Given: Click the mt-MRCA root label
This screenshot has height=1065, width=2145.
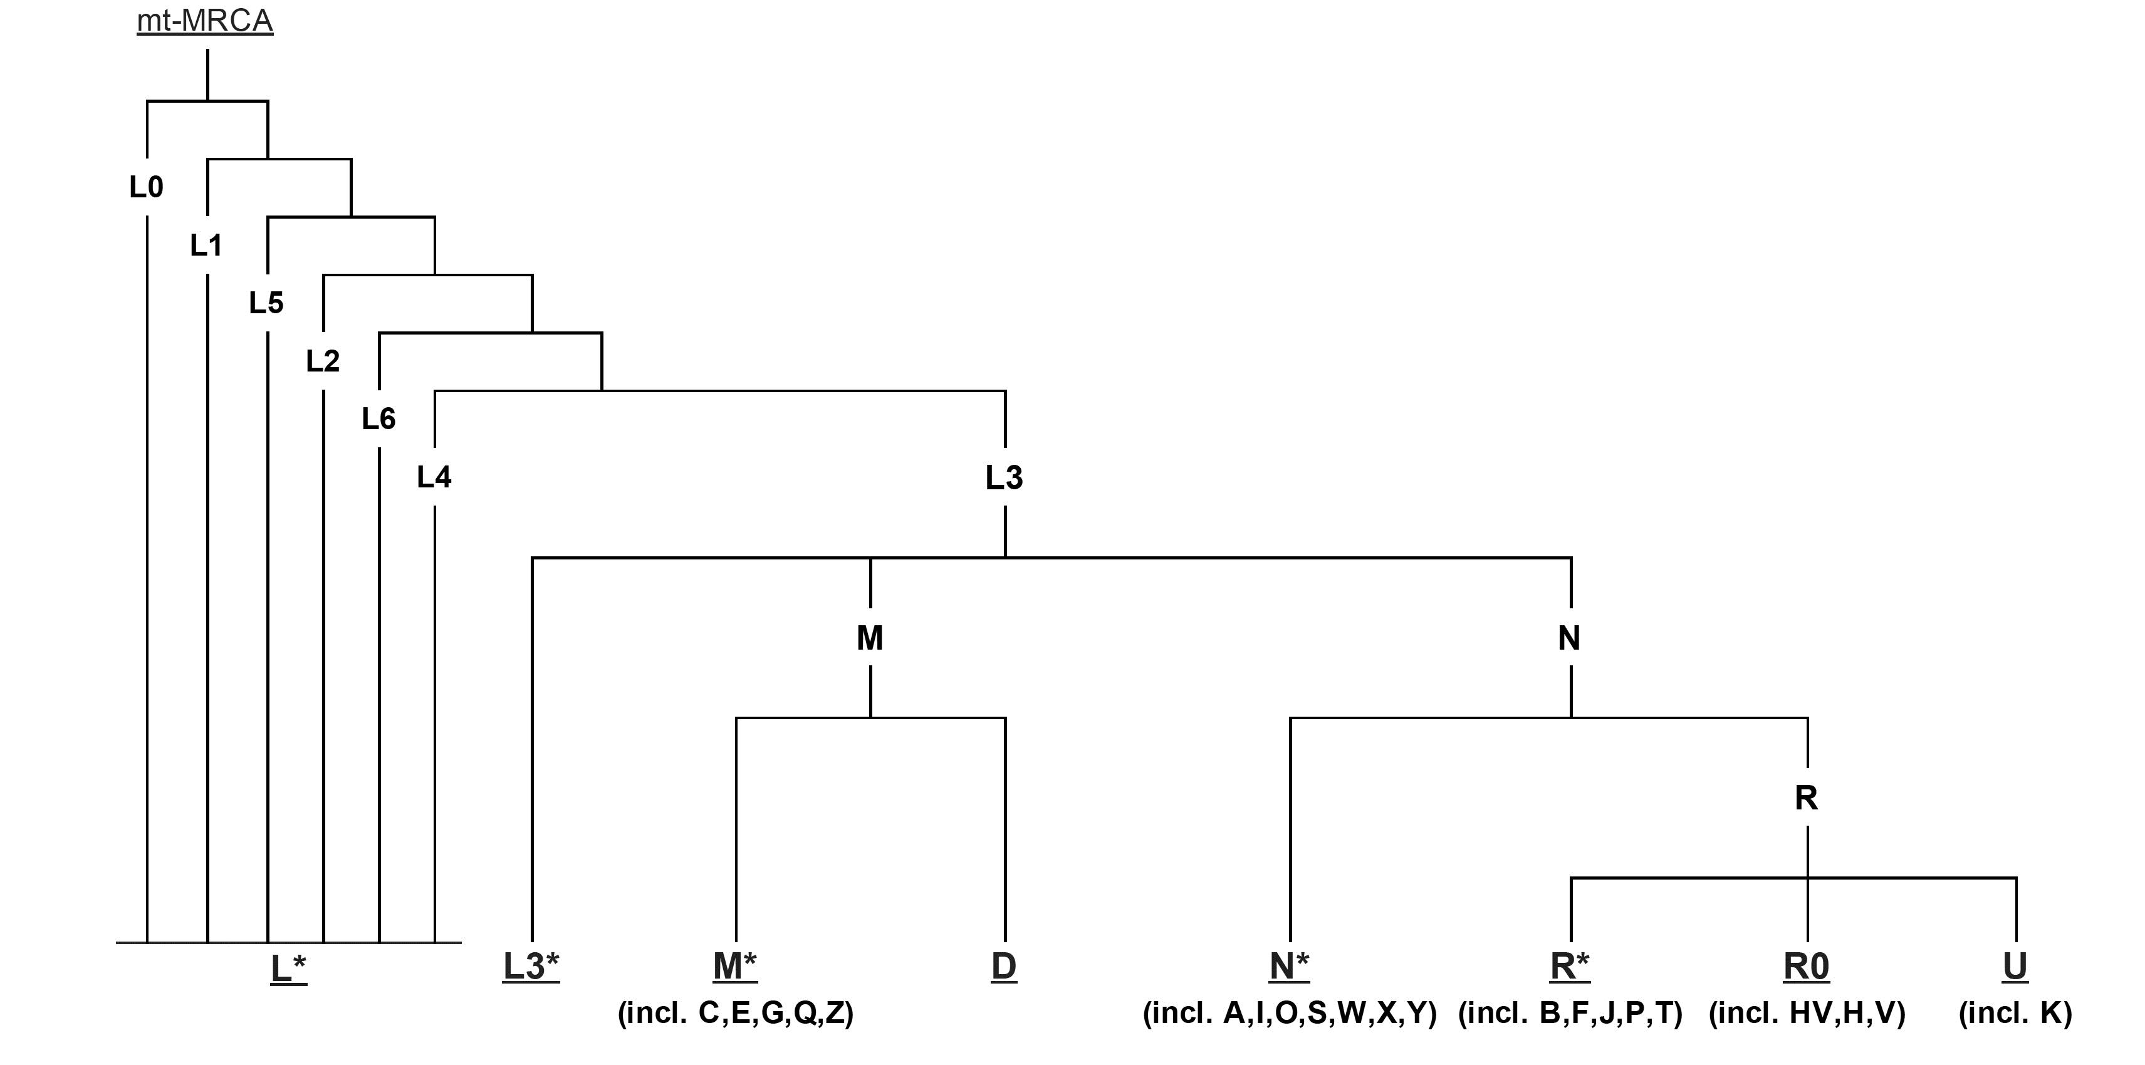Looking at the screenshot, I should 205,21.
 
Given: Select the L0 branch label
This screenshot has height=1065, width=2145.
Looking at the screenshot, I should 147,187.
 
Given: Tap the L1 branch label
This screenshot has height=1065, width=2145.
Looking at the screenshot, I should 207,245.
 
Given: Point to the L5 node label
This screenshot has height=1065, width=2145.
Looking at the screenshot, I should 266,303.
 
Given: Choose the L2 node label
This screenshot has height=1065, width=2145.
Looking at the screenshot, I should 323,361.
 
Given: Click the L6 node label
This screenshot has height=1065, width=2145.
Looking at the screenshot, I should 379,419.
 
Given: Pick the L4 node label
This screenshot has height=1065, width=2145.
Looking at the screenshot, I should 434,477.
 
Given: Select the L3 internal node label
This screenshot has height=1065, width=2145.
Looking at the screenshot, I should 1005,478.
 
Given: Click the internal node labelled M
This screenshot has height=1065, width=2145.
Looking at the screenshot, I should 870,638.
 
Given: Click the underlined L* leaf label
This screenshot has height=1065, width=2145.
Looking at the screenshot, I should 289,969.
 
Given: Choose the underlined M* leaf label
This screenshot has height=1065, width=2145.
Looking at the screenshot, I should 735,967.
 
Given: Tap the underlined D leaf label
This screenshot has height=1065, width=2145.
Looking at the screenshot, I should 1005,967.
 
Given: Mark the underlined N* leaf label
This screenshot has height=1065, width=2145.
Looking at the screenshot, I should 1290,967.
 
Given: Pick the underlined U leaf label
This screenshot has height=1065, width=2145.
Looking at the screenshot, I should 2015,967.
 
